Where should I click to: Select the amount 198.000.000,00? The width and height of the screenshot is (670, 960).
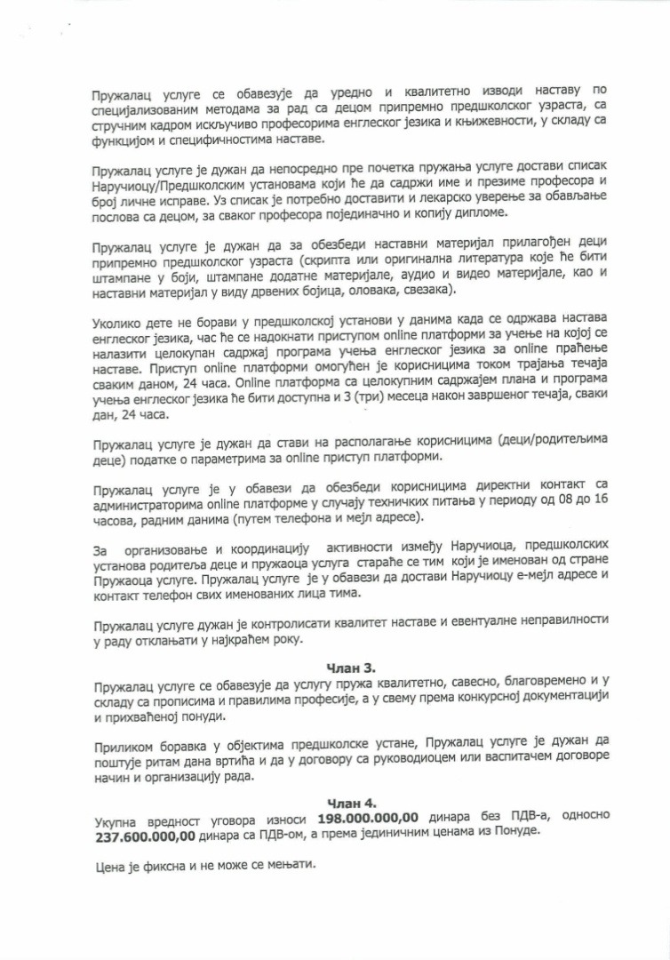click(363, 817)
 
